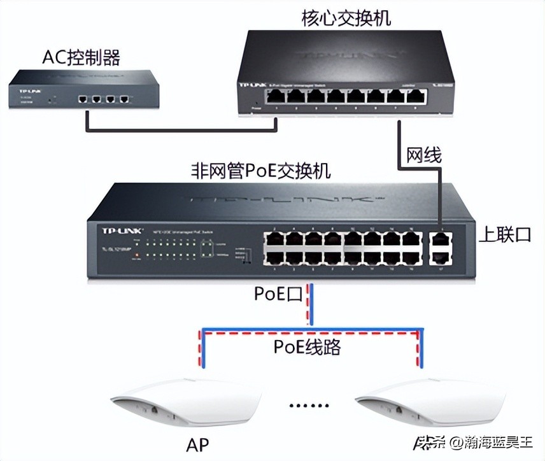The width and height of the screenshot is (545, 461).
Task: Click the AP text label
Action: point(198,443)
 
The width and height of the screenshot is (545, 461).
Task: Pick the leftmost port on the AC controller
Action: point(83,99)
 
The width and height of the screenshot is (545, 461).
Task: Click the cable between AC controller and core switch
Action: point(185,131)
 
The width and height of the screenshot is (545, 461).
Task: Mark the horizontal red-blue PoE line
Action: point(311,332)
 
